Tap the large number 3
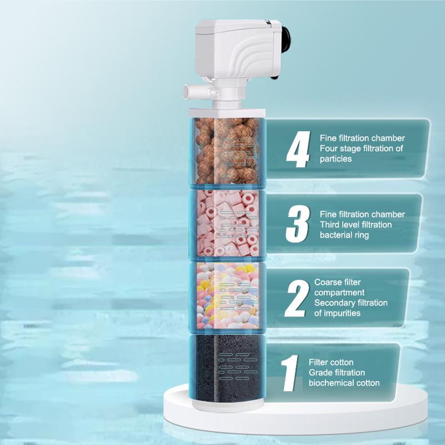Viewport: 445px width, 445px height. [298, 224]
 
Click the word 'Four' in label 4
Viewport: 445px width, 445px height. [329, 148]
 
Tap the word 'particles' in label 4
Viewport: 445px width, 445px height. [335, 159]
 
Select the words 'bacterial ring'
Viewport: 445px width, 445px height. [344, 235]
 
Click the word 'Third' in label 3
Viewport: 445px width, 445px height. [330, 224]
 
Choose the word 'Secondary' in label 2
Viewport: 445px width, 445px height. [333, 303]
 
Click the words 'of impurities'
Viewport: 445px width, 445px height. [337, 313]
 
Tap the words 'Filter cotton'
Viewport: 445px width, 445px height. [331, 362]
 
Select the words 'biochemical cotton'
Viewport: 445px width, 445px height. [344, 383]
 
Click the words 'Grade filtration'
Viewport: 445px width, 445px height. [337, 372]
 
